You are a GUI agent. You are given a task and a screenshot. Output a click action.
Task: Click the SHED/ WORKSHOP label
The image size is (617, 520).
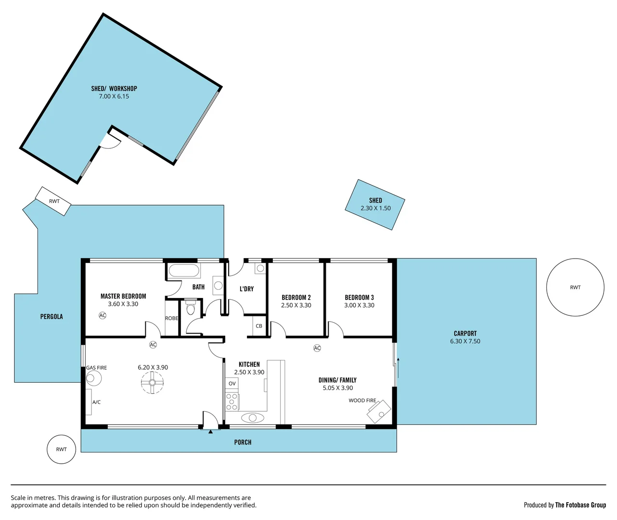114,89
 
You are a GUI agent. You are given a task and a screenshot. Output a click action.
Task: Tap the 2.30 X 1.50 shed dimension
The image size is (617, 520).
375,208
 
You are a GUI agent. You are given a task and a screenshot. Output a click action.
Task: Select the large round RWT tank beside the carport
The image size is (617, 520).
575,287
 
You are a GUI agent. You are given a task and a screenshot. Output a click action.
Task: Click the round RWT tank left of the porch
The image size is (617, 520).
61,449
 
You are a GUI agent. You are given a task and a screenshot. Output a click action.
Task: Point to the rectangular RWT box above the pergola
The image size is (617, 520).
53,201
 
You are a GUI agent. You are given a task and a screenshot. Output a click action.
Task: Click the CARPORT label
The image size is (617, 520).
465,333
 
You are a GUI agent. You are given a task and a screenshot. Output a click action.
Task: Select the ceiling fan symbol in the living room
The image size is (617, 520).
152,383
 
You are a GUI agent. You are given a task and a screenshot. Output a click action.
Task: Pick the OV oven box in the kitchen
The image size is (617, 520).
232,384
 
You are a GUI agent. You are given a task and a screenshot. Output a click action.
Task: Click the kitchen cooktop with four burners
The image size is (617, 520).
232,402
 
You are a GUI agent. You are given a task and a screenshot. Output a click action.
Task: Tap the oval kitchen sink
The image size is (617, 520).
253,417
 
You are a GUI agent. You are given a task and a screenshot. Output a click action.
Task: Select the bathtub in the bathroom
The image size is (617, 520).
183,271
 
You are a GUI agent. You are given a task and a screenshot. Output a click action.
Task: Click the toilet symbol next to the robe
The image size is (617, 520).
191,308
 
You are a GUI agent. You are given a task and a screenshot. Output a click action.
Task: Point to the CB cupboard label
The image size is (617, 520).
259,326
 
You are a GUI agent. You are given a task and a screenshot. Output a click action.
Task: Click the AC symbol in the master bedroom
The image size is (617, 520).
103,315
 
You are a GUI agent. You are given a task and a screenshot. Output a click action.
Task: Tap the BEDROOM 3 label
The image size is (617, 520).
359,298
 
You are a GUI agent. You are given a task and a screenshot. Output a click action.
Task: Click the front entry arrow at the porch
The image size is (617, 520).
210,431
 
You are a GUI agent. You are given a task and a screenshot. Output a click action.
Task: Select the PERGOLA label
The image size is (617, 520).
51,317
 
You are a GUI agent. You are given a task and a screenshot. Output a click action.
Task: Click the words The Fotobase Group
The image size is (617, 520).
580,505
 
